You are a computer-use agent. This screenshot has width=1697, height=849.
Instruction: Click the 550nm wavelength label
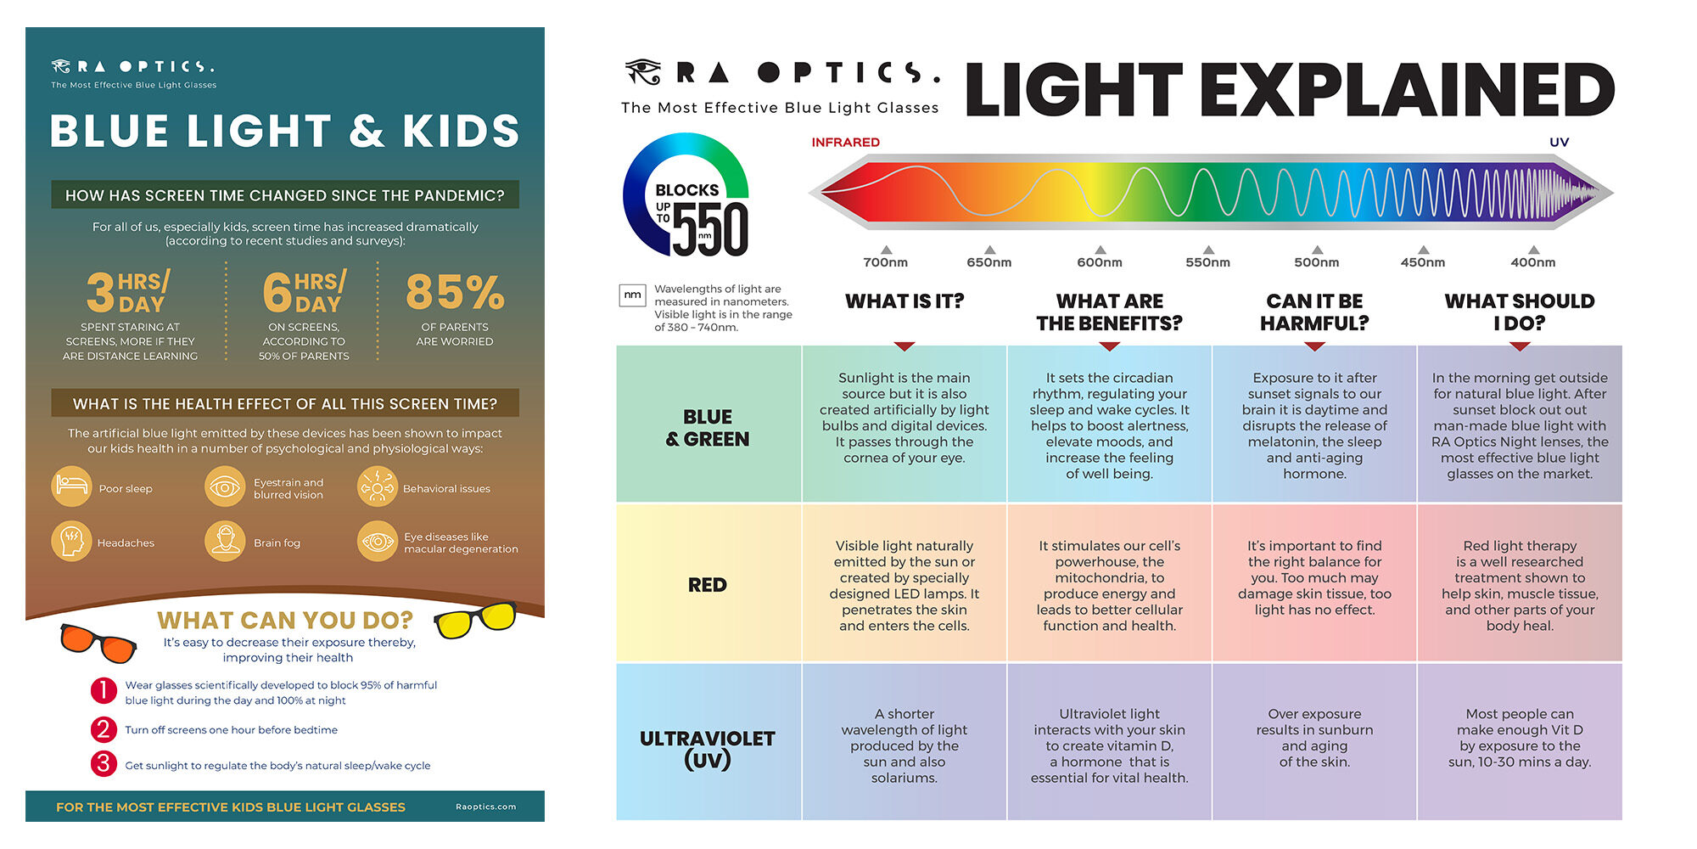tap(1207, 262)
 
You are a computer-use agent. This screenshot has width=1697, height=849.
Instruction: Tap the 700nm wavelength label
tap(885, 262)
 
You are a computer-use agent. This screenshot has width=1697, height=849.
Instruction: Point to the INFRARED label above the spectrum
tap(845, 142)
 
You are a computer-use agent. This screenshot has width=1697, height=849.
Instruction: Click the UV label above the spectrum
tap(1560, 142)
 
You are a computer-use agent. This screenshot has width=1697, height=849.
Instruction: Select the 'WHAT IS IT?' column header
tap(905, 301)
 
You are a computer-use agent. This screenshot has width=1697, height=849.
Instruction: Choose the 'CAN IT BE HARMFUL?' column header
tap(1314, 312)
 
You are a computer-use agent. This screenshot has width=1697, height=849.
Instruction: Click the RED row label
tap(708, 585)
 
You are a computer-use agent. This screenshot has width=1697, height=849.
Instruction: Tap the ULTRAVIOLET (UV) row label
tap(708, 749)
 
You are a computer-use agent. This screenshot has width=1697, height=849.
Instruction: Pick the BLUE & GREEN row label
tap(708, 428)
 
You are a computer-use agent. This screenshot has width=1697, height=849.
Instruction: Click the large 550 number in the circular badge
tap(711, 229)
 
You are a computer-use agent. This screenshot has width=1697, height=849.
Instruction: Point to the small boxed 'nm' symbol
tap(633, 295)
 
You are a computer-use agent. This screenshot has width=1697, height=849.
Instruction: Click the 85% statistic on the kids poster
tap(455, 292)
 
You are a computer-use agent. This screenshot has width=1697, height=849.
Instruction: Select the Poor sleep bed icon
tap(72, 486)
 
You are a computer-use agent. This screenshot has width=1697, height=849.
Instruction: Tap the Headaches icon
tap(72, 541)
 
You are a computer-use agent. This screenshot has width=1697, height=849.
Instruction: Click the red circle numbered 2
tap(104, 729)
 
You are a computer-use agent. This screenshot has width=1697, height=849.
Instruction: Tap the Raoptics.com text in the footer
tap(486, 807)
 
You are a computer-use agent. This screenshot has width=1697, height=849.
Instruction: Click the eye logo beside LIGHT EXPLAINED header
tap(643, 72)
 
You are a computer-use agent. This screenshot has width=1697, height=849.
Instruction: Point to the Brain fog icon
tap(225, 541)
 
